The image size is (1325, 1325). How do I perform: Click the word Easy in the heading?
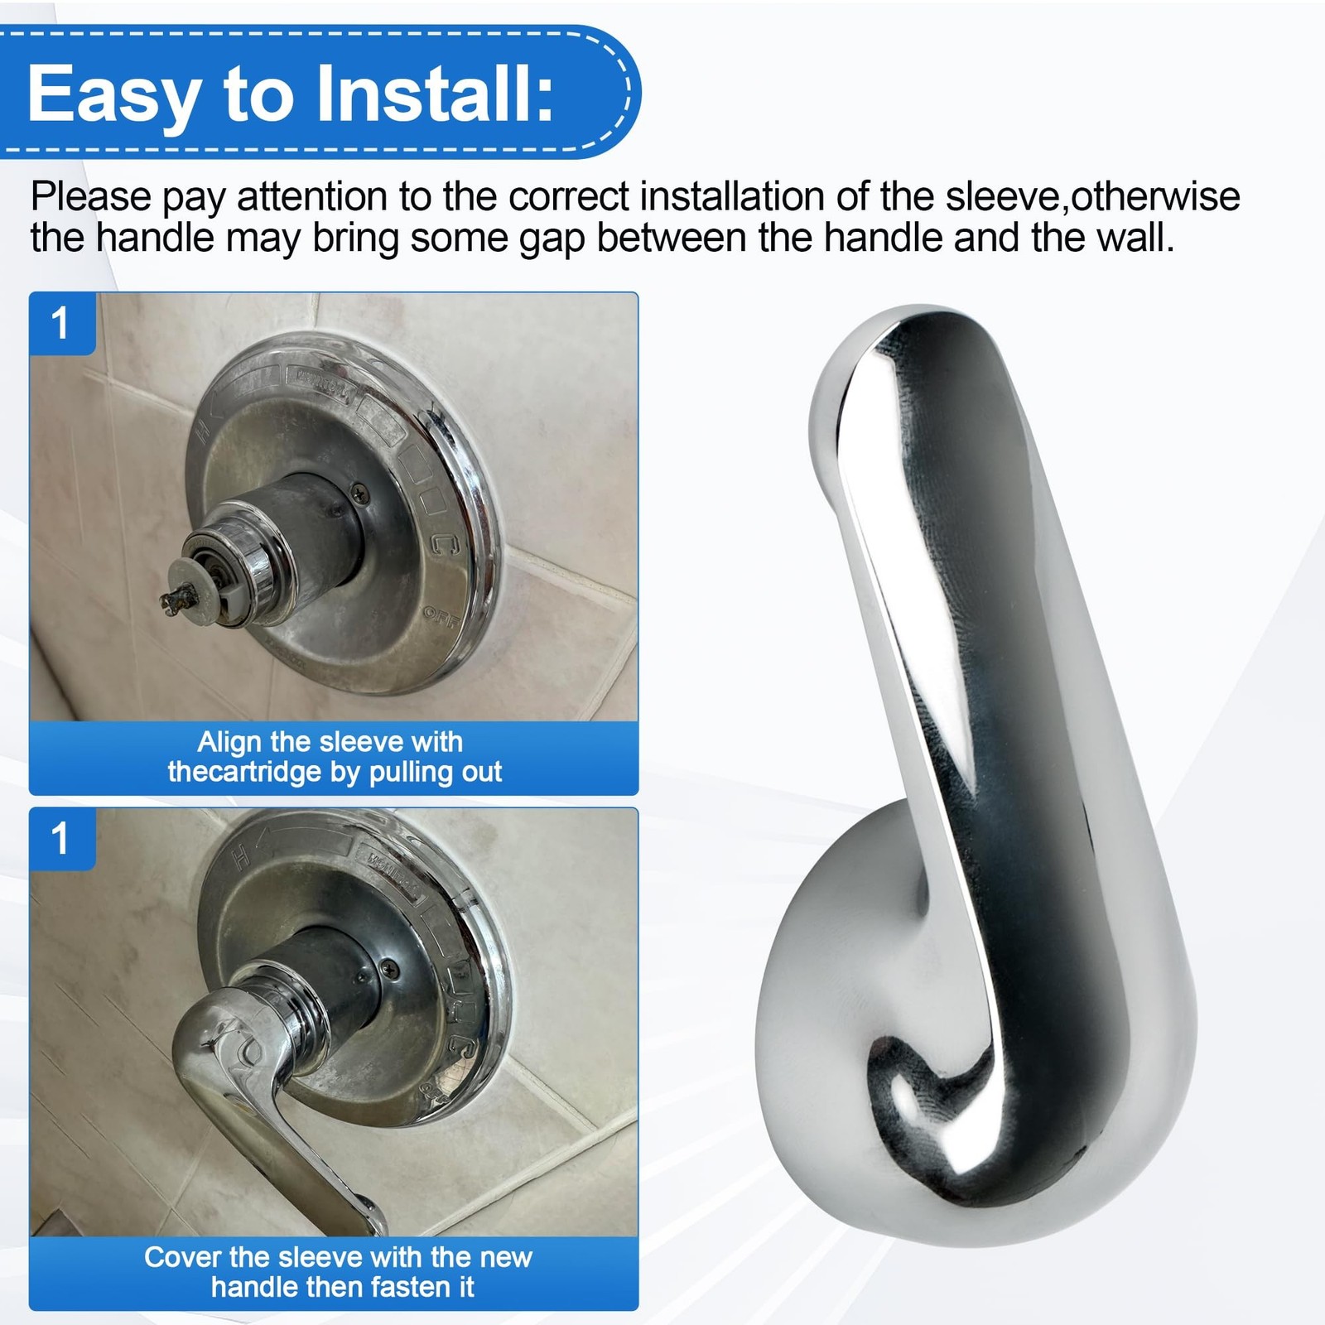pos(111,94)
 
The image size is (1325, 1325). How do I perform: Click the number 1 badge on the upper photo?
pos(61,323)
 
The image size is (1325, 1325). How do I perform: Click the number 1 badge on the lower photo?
pos(61,838)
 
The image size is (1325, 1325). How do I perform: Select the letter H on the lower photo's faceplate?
pos(241,859)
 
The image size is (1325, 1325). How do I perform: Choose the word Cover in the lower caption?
pos(183,1257)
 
